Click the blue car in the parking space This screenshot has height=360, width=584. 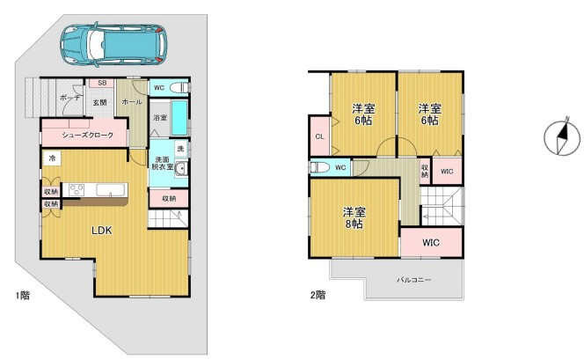pos(113,45)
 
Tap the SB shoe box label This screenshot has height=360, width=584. pos(102,83)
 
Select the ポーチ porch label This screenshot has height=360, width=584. pos(69,98)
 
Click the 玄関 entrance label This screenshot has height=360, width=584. pos(99,102)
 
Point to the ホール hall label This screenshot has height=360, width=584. pos(132,102)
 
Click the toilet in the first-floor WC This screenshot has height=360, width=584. pos(180,88)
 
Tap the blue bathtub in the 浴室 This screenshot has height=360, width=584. pos(179,118)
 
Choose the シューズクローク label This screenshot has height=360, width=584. pos(88,135)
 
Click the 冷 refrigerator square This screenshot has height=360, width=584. pos(52,158)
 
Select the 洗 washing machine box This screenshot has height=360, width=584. pos(180,149)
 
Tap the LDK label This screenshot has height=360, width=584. pos(102,231)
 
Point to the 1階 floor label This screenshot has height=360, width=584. pos(22,296)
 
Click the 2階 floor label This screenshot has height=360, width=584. pos(318,295)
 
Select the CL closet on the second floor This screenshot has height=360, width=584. pos(320,136)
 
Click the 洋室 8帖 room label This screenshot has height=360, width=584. pos(354,218)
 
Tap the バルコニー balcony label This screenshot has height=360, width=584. pos(413,280)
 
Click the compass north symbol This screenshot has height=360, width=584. pos(562,136)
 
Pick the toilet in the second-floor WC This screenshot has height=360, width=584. pos(320,168)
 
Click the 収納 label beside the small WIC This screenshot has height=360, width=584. pos(425,172)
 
